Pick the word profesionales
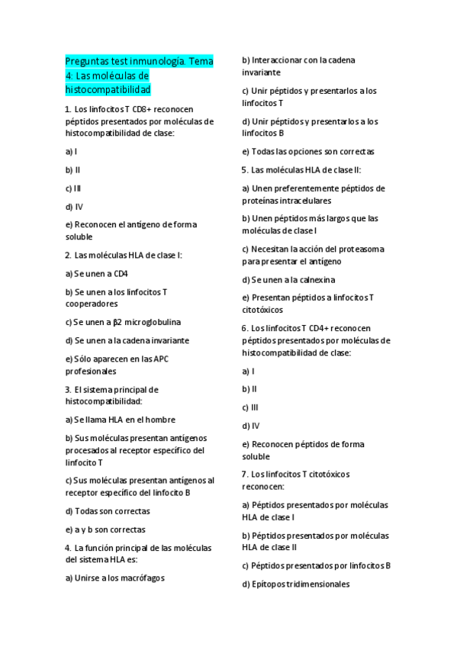coord(91,372)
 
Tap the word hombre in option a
coord(160,420)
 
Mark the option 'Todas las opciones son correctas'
coord(308,152)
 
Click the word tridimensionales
coord(314,584)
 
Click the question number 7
coord(244,475)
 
